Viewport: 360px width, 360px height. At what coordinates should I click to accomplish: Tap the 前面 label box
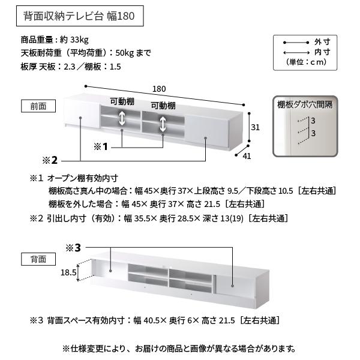[x=38, y=106]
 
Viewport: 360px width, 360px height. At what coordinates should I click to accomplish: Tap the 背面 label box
[x=38, y=259]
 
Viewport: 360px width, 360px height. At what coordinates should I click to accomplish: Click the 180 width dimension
[x=159, y=89]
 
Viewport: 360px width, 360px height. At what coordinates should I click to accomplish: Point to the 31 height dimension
[x=254, y=127]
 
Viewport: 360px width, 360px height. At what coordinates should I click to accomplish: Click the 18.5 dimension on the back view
[x=68, y=272]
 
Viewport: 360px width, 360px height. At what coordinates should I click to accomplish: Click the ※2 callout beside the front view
[x=50, y=160]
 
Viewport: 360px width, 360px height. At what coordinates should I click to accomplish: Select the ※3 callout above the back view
[x=73, y=247]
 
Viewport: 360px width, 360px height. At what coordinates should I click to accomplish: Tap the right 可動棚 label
[x=163, y=106]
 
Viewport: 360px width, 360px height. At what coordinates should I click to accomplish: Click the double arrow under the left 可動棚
[x=122, y=118]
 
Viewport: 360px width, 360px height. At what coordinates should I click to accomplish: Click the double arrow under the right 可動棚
[x=163, y=124]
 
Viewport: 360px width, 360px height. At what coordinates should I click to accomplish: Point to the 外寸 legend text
[x=322, y=43]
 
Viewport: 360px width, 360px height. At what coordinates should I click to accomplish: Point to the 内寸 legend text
[x=322, y=53]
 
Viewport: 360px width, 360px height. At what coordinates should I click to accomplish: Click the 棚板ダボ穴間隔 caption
[x=305, y=104]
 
